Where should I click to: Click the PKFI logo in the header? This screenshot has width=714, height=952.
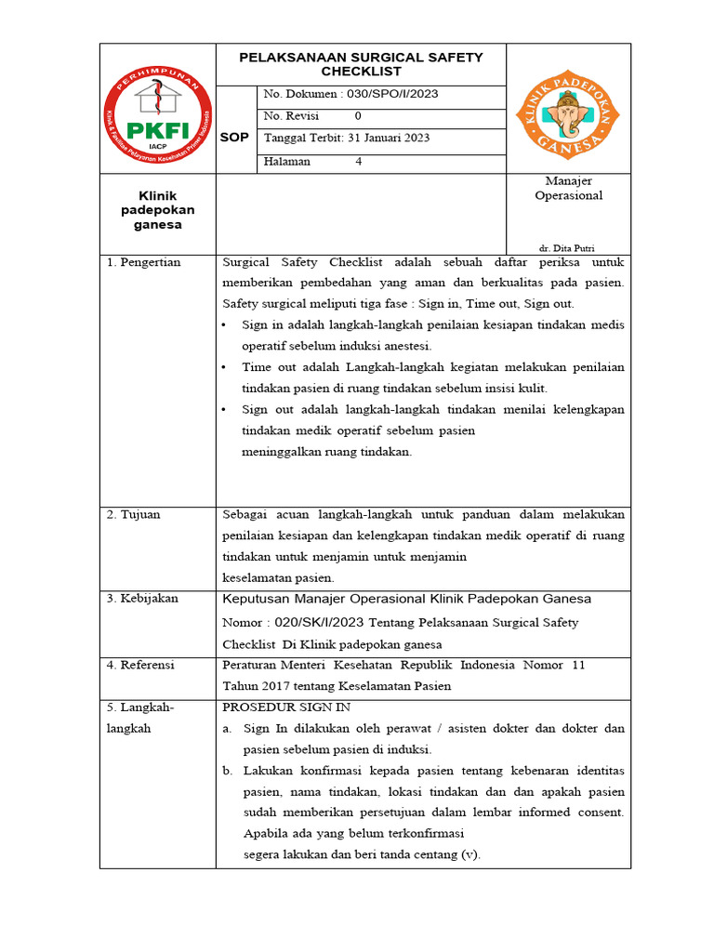click(x=158, y=109)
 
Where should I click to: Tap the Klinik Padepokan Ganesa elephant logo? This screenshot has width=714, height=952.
click(x=567, y=110)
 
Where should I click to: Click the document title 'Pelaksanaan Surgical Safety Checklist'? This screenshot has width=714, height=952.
click(x=361, y=64)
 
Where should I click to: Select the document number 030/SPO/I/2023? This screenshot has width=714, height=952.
click(x=390, y=94)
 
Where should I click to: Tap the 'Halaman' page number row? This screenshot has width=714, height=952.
click(x=313, y=161)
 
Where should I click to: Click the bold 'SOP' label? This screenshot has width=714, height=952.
click(x=234, y=138)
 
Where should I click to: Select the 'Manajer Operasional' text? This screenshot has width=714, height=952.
click(x=568, y=188)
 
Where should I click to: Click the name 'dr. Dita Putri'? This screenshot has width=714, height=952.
click(x=567, y=248)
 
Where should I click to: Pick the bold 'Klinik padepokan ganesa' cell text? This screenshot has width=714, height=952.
click(x=157, y=210)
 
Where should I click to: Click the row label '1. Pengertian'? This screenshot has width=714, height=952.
click(x=144, y=263)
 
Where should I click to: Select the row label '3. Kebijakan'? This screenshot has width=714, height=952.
click(x=142, y=599)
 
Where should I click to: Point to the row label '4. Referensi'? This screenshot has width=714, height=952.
click(x=140, y=666)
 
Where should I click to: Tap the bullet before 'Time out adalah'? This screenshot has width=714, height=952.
click(x=226, y=367)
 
